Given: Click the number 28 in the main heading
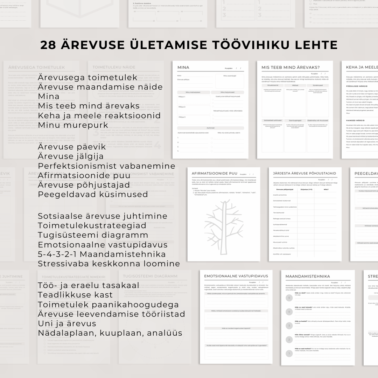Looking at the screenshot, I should coord(48,45).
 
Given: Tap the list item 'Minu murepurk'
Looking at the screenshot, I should coord(73,125).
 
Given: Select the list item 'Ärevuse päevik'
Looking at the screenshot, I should coord(72,147).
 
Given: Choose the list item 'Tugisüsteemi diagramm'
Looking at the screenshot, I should coord(93,235).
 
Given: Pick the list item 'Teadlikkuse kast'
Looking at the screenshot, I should coord(75,295).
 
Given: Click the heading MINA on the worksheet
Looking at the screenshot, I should coord(184,68).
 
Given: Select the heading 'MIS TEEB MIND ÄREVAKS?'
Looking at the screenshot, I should coord(291,68).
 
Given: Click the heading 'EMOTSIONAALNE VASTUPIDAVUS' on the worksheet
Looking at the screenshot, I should coord(236,276).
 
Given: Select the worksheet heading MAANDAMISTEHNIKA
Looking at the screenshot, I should coord(308,276).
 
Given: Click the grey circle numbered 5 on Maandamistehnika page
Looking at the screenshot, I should coord(289,298).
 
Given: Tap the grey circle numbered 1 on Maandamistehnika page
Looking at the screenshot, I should coord(289,353).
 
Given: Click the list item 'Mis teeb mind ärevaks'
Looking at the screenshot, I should coord(89,106).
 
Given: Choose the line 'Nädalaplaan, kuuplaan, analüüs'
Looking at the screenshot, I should coord(110,333).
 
